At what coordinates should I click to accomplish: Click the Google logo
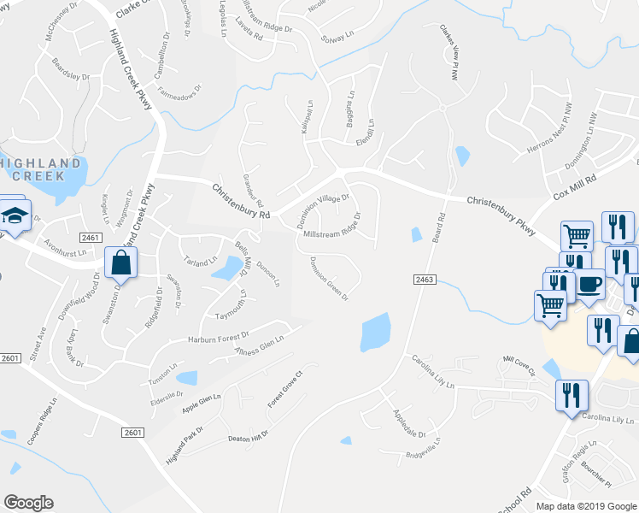(x=28, y=503)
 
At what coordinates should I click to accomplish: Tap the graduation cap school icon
(x=15, y=215)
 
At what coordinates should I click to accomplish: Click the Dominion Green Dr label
(x=329, y=279)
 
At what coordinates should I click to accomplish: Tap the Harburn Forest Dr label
(x=218, y=339)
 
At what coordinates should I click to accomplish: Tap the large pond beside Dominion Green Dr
(x=375, y=332)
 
